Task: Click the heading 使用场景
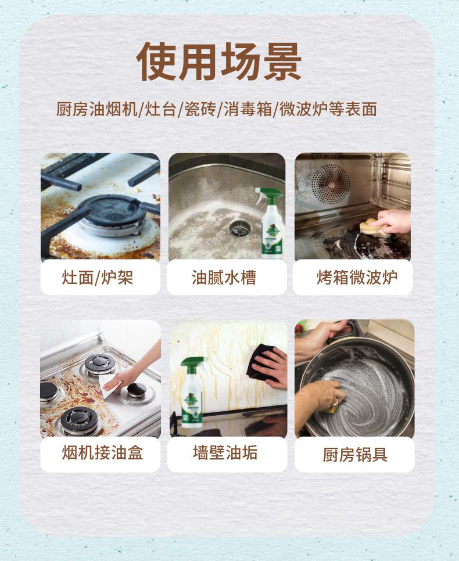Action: click(x=219, y=62)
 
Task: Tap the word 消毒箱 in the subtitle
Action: click(x=248, y=109)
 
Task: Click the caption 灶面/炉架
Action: click(x=98, y=278)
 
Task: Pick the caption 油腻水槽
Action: click(x=224, y=278)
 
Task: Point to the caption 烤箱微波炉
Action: click(x=357, y=278)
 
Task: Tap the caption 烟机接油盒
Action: click(x=102, y=453)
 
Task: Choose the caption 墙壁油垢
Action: click(x=225, y=452)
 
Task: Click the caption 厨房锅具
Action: click(x=355, y=455)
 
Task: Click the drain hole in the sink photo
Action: click(x=240, y=228)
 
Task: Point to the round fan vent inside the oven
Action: click(x=331, y=184)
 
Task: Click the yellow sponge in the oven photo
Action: click(x=372, y=228)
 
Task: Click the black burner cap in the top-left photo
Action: click(x=112, y=211)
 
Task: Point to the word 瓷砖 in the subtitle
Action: click(x=200, y=109)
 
